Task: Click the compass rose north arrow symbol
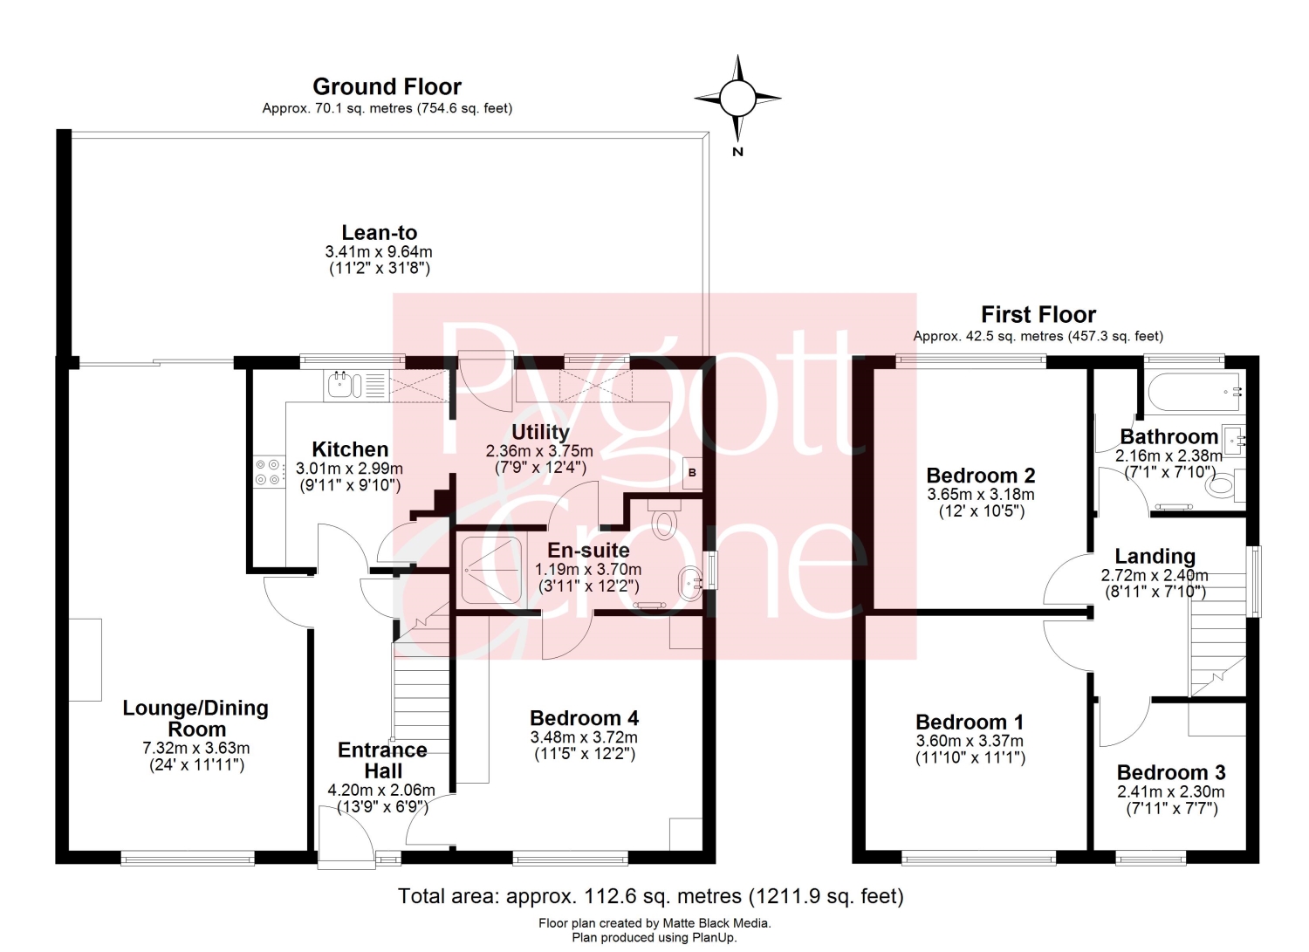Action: point(737,99)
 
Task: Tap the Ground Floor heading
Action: point(387,86)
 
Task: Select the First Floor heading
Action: point(1038,314)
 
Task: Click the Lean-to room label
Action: point(380,233)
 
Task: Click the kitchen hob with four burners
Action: point(268,472)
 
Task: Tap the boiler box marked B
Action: point(693,473)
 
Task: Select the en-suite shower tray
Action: point(491,570)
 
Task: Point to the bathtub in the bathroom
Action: point(1195,392)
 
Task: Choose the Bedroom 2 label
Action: point(981,475)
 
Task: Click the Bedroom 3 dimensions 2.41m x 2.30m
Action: point(1171,791)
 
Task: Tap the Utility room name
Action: point(540,432)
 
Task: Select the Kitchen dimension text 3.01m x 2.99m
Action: point(349,468)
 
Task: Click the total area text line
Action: point(651,896)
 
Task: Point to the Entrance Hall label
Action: point(383,760)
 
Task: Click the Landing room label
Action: point(1155,556)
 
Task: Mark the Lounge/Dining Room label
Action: point(195,718)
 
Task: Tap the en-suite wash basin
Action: point(689,583)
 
